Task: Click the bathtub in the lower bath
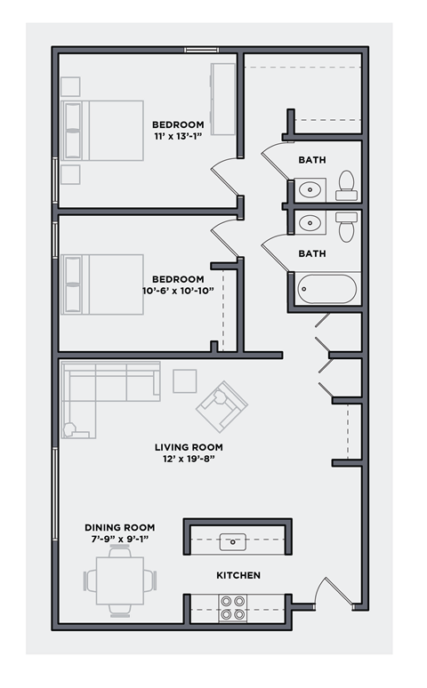click(326, 290)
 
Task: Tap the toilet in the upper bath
click(347, 185)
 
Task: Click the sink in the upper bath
click(310, 188)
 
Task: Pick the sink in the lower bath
click(310, 222)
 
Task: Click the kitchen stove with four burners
click(233, 608)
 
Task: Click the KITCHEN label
click(238, 575)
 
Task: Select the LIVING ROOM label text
click(189, 447)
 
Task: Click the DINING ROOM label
click(119, 527)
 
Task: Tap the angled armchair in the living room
click(222, 407)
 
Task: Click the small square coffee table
click(185, 380)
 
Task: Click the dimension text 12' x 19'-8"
click(189, 459)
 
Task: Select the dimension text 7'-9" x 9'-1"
click(119, 539)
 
